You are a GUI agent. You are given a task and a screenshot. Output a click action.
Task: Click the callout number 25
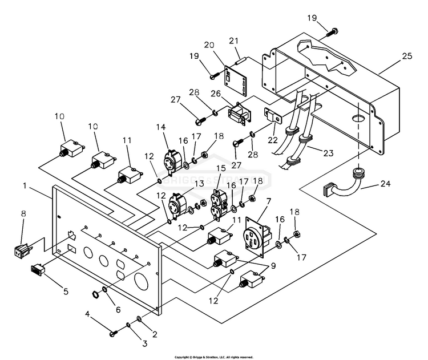(x=407, y=56)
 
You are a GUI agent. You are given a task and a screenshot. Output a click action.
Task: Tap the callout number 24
(x=385, y=183)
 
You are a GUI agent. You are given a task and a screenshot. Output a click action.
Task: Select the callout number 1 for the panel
(x=25, y=185)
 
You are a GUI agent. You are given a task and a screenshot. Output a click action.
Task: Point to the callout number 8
(x=24, y=213)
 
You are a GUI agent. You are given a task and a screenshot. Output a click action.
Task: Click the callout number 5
(x=66, y=292)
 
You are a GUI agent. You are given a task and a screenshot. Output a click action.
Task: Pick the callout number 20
(x=209, y=45)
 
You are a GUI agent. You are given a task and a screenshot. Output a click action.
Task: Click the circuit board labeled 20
(x=236, y=81)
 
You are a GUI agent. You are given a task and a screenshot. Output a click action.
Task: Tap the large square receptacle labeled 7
(x=258, y=237)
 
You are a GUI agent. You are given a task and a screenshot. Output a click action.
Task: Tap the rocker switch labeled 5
(x=38, y=270)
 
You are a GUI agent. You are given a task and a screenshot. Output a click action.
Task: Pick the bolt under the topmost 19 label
(x=333, y=33)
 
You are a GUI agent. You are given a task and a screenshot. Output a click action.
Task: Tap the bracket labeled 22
(x=273, y=116)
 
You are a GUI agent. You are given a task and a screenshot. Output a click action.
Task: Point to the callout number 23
(x=328, y=153)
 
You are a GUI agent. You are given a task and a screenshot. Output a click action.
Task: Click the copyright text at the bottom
(x=214, y=357)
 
